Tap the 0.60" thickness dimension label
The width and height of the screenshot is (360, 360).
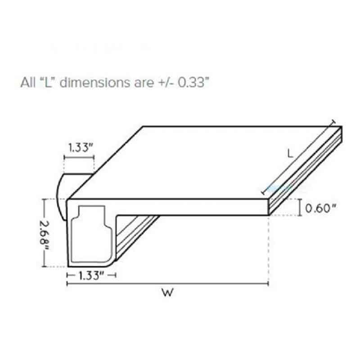tap(320, 208)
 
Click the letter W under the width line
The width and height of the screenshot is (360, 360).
tap(167, 292)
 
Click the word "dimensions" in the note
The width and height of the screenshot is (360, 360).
tap(95, 82)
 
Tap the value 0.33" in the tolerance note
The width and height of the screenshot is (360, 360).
tap(193, 82)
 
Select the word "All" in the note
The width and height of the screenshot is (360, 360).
tap(28, 82)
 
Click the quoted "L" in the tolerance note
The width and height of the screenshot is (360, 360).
tap(48, 82)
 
